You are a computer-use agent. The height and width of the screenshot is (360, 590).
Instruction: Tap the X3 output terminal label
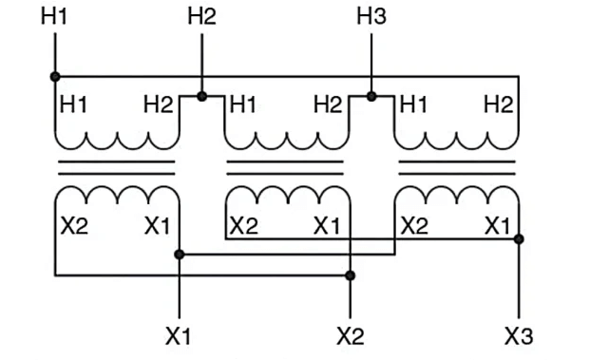pos(518,335)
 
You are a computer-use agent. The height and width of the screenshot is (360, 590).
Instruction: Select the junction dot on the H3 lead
pos(371,96)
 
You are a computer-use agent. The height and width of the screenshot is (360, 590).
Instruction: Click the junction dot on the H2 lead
pos(201,96)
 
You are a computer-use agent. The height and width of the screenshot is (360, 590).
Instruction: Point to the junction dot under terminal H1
pos(55,76)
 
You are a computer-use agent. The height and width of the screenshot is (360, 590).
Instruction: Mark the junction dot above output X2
pos(350,275)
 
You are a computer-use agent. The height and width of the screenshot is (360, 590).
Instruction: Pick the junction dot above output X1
pos(180,254)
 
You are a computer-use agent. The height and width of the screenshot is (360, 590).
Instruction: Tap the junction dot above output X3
pos(519,238)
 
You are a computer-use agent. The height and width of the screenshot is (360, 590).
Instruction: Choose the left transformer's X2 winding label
pos(74,226)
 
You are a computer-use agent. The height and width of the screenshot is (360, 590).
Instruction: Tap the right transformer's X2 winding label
pos(414,226)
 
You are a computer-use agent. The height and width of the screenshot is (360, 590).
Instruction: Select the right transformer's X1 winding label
pos(497,226)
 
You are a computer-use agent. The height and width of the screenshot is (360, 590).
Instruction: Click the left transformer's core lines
pos(116,168)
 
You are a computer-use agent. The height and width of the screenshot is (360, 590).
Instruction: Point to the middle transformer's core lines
pos(285,168)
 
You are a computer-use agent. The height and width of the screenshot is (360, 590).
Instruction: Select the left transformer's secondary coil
pos(116,196)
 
